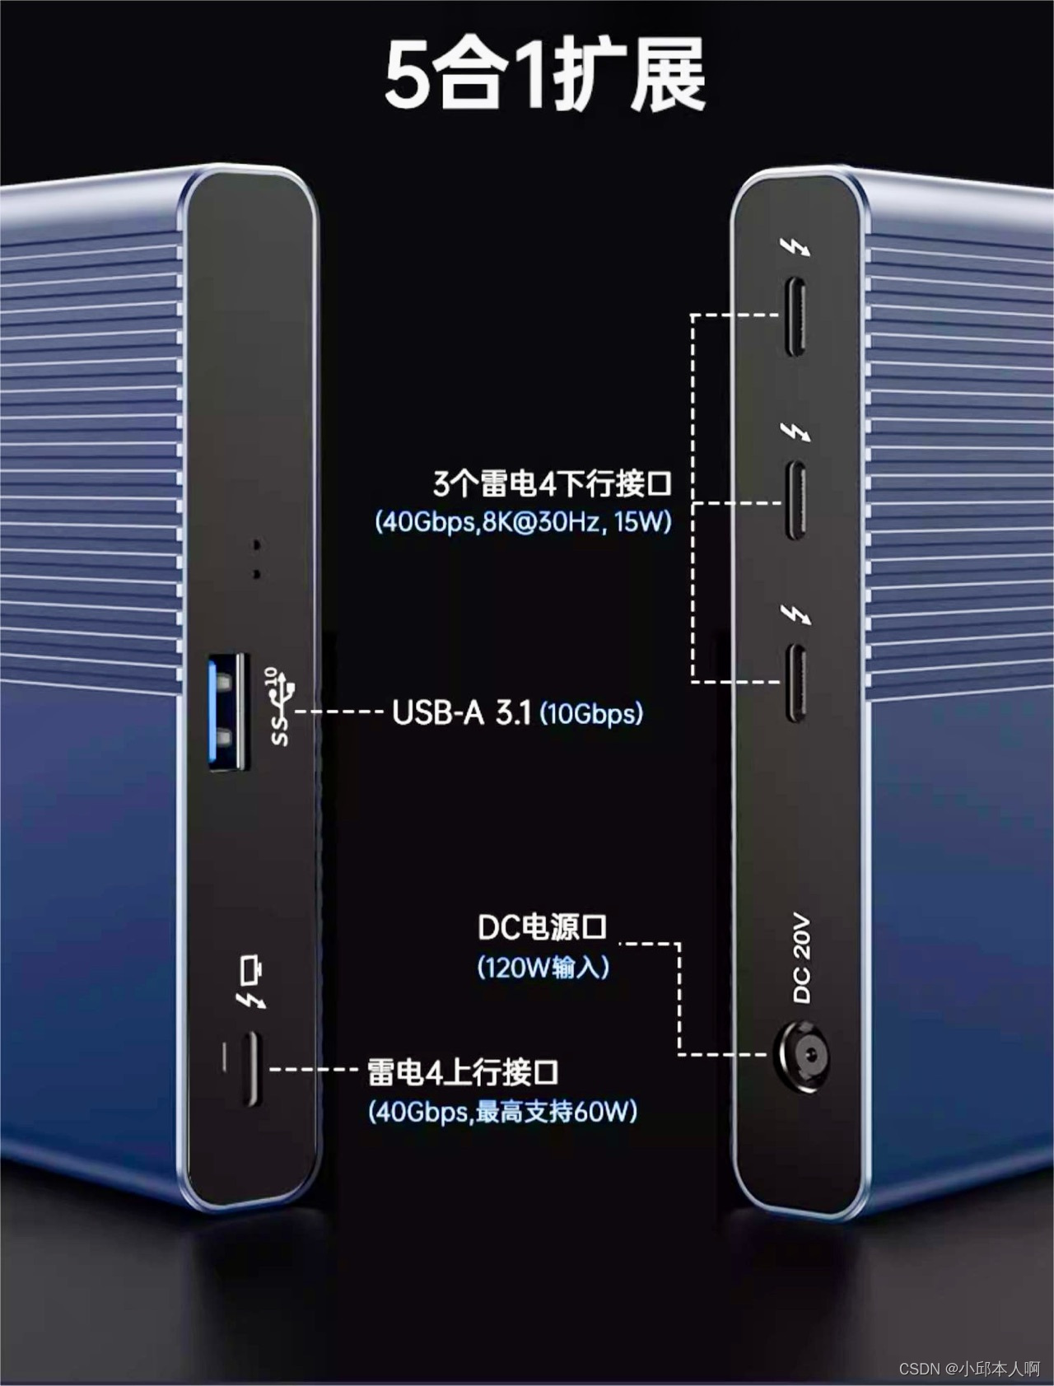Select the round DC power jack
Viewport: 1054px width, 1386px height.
click(800, 1057)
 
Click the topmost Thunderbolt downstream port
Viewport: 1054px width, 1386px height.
click(796, 317)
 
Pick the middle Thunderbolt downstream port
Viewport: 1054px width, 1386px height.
click(796, 501)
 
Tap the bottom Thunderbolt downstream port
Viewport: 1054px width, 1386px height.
click(796, 683)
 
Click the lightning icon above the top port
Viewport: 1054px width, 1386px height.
click(797, 248)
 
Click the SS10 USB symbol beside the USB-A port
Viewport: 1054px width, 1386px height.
click(277, 707)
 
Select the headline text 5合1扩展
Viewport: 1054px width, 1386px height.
click(545, 76)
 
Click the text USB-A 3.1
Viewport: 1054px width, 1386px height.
click(461, 712)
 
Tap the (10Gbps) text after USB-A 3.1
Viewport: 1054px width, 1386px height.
click(590, 713)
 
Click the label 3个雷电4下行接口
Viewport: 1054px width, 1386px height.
click(553, 483)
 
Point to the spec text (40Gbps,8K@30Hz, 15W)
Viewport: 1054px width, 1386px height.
click(524, 522)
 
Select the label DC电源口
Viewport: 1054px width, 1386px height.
click(542, 927)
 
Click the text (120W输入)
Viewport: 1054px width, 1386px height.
click(543, 967)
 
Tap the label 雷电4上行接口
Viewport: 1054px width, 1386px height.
click(463, 1072)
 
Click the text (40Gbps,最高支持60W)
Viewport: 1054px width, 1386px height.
click(502, 1112)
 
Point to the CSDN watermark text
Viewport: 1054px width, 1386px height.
click(969, 1369)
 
